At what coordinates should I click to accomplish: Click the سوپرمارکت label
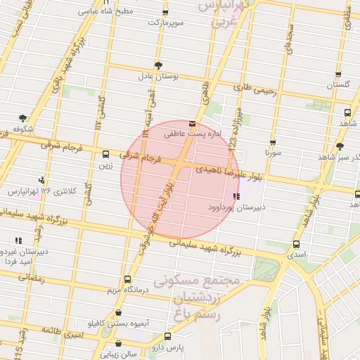coord(165,23)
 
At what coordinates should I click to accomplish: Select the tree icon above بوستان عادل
coord(158,64)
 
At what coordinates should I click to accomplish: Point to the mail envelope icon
coord(193,123)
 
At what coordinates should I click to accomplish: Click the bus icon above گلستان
coord(338,74)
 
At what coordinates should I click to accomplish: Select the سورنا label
coord(273,152)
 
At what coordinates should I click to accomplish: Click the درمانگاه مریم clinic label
coord(126,290)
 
